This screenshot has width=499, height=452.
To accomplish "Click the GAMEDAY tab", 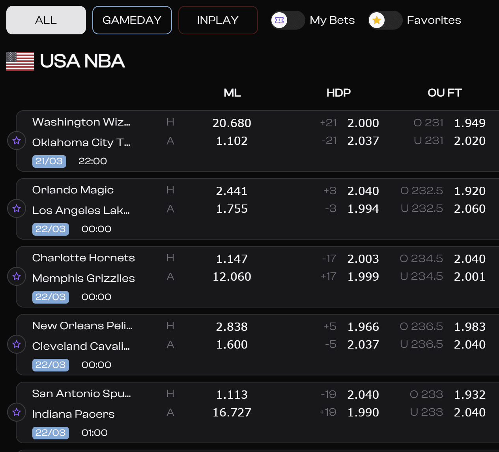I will click(132, 20).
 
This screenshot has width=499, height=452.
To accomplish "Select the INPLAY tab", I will click(218, 20).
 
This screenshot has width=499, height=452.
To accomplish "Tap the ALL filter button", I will click(46, 20).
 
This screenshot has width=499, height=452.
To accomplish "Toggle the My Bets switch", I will click(288, 20).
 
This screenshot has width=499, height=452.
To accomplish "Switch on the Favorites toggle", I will click(385, 20).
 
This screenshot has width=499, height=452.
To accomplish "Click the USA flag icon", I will click(20, 61).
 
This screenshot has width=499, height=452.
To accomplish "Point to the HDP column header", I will click(338, 93).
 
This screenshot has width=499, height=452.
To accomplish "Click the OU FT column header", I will click(445, 93).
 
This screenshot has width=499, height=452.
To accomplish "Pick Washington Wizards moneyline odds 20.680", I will click(232, 123).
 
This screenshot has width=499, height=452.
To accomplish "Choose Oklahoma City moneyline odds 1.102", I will click(232, 141).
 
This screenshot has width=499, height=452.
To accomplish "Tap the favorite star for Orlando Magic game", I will click(17, 208).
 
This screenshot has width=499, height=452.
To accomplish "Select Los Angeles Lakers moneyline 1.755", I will click(232, 209).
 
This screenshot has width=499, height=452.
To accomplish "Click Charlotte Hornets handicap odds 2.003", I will click(363, 259).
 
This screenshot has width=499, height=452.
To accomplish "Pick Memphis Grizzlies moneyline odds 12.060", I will click(232, 277).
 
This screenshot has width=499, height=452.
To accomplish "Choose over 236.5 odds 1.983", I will click(469, 327).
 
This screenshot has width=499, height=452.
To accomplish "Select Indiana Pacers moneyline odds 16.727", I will click(232, 413).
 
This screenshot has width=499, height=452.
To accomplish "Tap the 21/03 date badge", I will click(49, 161).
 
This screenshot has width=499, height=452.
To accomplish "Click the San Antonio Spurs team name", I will click(81, 394).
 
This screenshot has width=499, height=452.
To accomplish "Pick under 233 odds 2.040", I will click(469, 413).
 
